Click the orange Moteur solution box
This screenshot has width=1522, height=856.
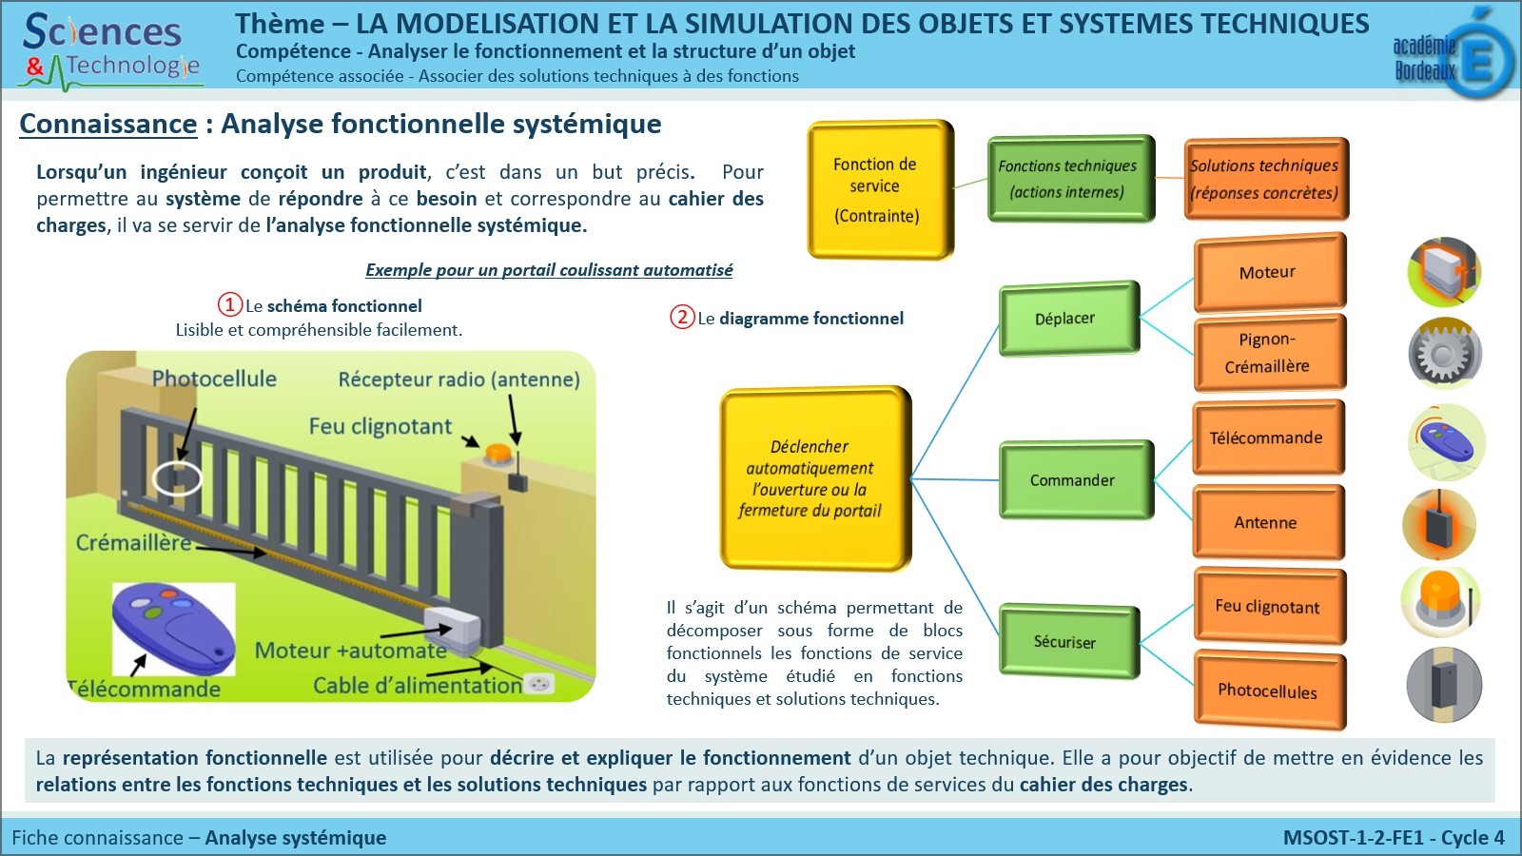point(1269,272)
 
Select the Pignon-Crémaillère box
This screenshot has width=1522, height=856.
point(1269,352)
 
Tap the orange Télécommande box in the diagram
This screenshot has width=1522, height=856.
point(1267,438)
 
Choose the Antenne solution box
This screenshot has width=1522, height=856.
point(1267,522)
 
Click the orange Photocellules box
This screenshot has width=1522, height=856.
point(1269,691)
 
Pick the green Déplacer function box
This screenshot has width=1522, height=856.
point(1067,319)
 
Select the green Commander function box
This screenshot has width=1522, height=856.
point(1074,480)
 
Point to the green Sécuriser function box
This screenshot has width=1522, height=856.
point(1067,642)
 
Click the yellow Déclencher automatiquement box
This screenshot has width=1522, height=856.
point(813,478)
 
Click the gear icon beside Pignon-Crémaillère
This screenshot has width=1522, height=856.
point(1444,354)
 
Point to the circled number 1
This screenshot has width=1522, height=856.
point(230,304)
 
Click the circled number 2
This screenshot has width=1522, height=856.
point(682,317)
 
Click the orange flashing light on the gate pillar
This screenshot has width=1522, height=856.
point(498,454)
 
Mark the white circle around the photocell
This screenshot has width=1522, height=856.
point(177,478)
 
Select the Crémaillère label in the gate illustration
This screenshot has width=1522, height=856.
point(133,542)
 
